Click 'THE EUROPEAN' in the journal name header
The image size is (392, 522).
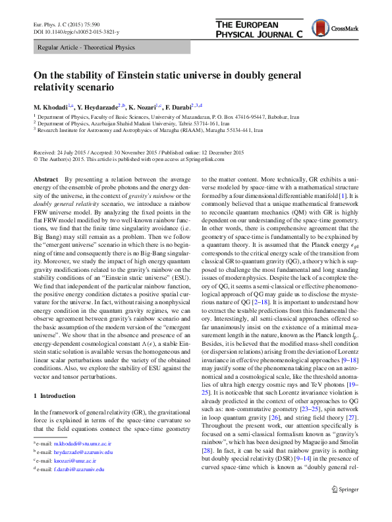pos(248,24)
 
